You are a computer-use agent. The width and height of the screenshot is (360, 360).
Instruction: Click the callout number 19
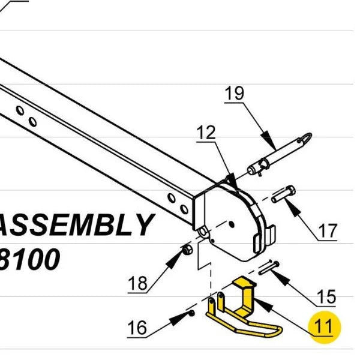235,94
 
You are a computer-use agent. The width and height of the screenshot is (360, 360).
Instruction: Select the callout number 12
206,133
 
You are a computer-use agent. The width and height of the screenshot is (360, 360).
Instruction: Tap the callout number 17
328,230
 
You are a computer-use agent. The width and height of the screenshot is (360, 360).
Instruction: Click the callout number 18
137,283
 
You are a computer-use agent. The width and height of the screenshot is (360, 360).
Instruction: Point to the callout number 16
137,327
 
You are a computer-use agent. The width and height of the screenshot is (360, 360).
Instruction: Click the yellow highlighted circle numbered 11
323,327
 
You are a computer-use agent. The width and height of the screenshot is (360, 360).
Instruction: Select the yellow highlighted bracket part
243,309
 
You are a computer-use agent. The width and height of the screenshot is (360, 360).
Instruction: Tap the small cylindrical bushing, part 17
283,194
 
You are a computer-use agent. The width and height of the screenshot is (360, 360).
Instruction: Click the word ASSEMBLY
75,226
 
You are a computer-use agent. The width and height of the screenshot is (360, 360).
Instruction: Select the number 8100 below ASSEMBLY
30,260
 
